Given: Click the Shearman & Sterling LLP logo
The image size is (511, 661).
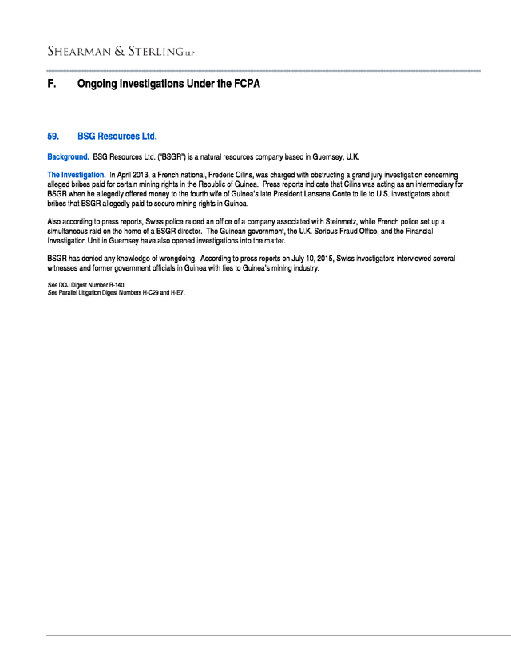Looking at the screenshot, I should (121, 52).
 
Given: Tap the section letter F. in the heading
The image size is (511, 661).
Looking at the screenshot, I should (52, 83).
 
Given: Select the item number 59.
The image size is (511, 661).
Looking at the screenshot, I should (53, 137).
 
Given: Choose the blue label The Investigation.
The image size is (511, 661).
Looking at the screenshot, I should (76, 174).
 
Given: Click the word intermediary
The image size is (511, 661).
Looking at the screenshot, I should (432, 184).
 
